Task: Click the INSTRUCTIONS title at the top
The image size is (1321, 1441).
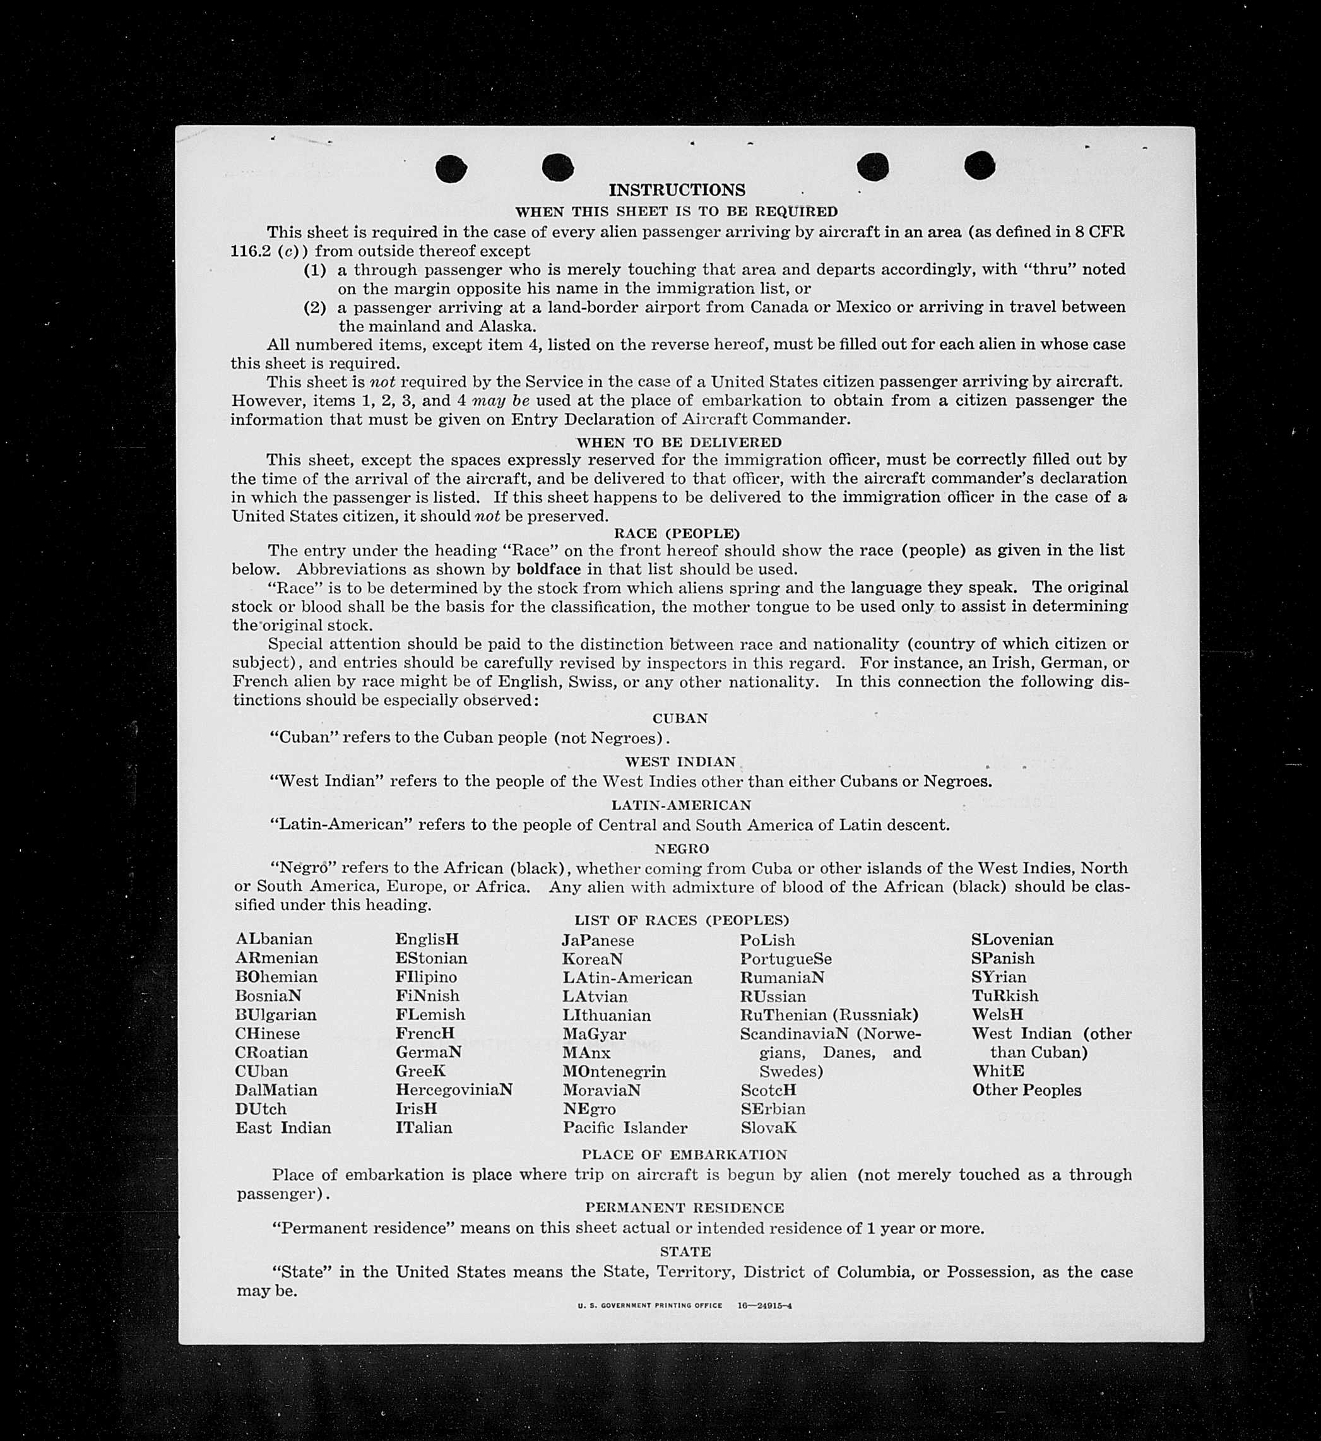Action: pyautogui.click(x=676, y=190)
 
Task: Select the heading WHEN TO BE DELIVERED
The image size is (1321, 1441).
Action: pyautogui.click(x=678, y=442)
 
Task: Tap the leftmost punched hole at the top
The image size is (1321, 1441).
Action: pyautogui.click(x=451, y=169)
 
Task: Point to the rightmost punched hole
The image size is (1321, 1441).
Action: pyautogui.click(x=980, y=166)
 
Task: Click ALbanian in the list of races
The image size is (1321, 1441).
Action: pyautogui.click(x=274, y=939)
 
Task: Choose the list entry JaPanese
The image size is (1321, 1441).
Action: pyautogui.click(x=598, y=940)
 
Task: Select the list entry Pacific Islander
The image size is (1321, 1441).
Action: pyautogui.click(x=625, y=1128)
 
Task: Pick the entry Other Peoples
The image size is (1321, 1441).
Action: pyautogui.click(x=1026, y=1090)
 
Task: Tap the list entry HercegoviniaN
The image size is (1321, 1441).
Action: pyautogui.click(x=454, y=1090)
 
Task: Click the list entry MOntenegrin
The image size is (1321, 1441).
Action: pyautogui.click(x=614, y=1072)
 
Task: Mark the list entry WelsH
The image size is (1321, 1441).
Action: pyautogui.click(x=997, y=1014)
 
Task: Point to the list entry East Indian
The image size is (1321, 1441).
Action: pyautogui.click(x=283, y=1128)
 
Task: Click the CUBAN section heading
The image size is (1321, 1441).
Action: pyautogui.click(x=680, y=718)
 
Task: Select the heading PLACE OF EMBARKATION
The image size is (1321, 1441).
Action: pyautogui.click(x=684, y=1154)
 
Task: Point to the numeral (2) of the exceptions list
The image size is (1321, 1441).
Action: pyautogui.click(x=315, y=307)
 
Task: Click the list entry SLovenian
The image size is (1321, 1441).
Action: pyautogui.click(x=1012, y=939)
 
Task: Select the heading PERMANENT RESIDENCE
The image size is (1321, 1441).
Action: pyautogui.click(x=684, y=1207)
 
